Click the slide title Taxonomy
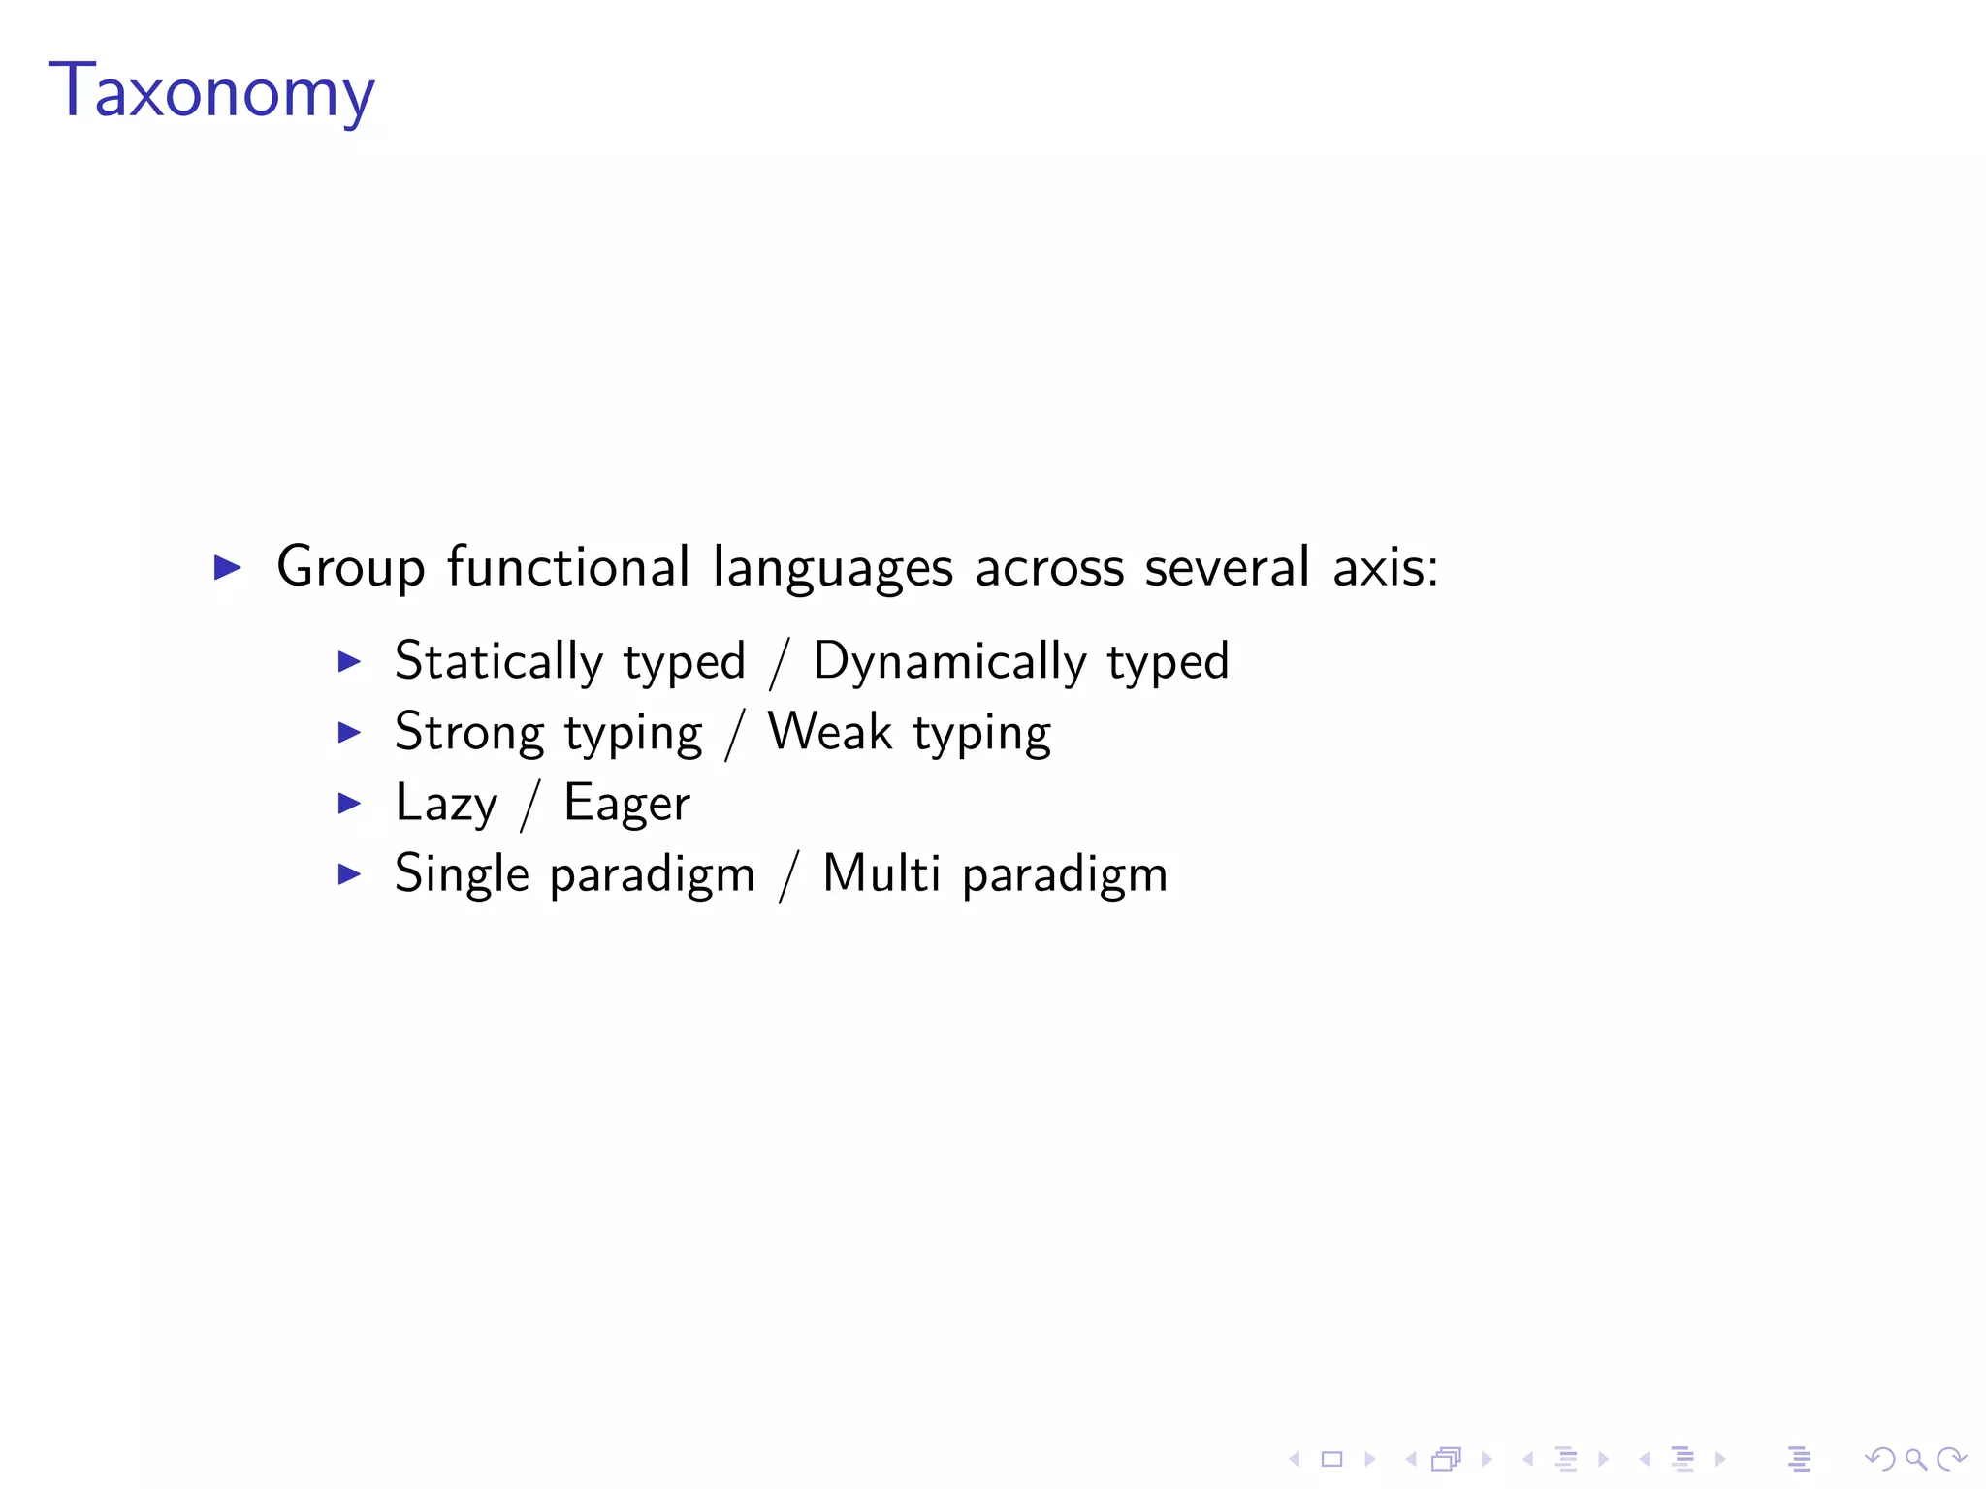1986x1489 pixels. coord(211,90)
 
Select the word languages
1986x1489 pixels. coord(832,568)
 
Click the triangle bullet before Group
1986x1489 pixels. coord(227,567)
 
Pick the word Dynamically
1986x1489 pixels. coord(949,662)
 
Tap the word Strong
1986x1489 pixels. coord(469,733)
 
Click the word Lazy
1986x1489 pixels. coord(446,804)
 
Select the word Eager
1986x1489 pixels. coord(626,805)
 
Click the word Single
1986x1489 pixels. coord(462,874)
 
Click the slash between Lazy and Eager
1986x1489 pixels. coord(529,805)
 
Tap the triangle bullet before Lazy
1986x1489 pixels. coord(349,803)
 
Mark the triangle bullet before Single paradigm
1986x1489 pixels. coord(349,873)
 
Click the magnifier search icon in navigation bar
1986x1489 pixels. coord(1915,1459)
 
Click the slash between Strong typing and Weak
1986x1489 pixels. coord(735,734)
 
